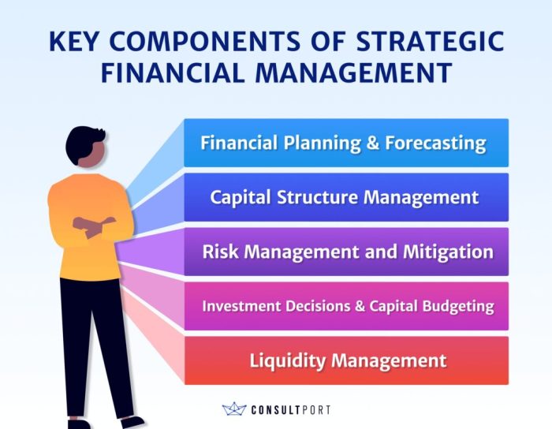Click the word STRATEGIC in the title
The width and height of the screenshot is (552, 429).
click(431, 41)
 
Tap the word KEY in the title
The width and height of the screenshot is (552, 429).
click(73, 41)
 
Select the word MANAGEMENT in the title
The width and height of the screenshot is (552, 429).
click(354, 72)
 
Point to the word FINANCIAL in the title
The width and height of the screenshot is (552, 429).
click(173, 72)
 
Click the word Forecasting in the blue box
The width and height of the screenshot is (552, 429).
click(435, 144)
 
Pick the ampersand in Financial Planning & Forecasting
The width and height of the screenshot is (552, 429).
click(373, 143)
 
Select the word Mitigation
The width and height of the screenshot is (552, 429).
click(448, 252)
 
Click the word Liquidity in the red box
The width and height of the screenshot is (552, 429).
click(287, 360)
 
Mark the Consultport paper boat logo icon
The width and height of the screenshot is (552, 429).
click(234, 409)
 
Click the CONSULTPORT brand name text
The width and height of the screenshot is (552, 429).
click(291, 410)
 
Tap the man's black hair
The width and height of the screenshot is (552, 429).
click(84, 143)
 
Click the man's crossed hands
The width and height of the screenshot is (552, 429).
click(94, 226)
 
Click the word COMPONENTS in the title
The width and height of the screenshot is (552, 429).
click(205, 41)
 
